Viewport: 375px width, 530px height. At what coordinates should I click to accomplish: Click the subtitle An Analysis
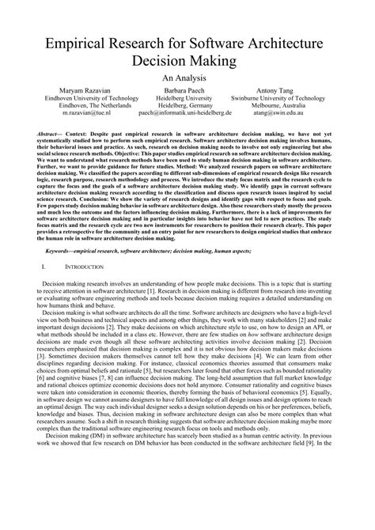click(x=187, y=79)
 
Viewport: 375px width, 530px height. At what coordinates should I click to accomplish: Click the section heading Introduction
click(x=85, y=291)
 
